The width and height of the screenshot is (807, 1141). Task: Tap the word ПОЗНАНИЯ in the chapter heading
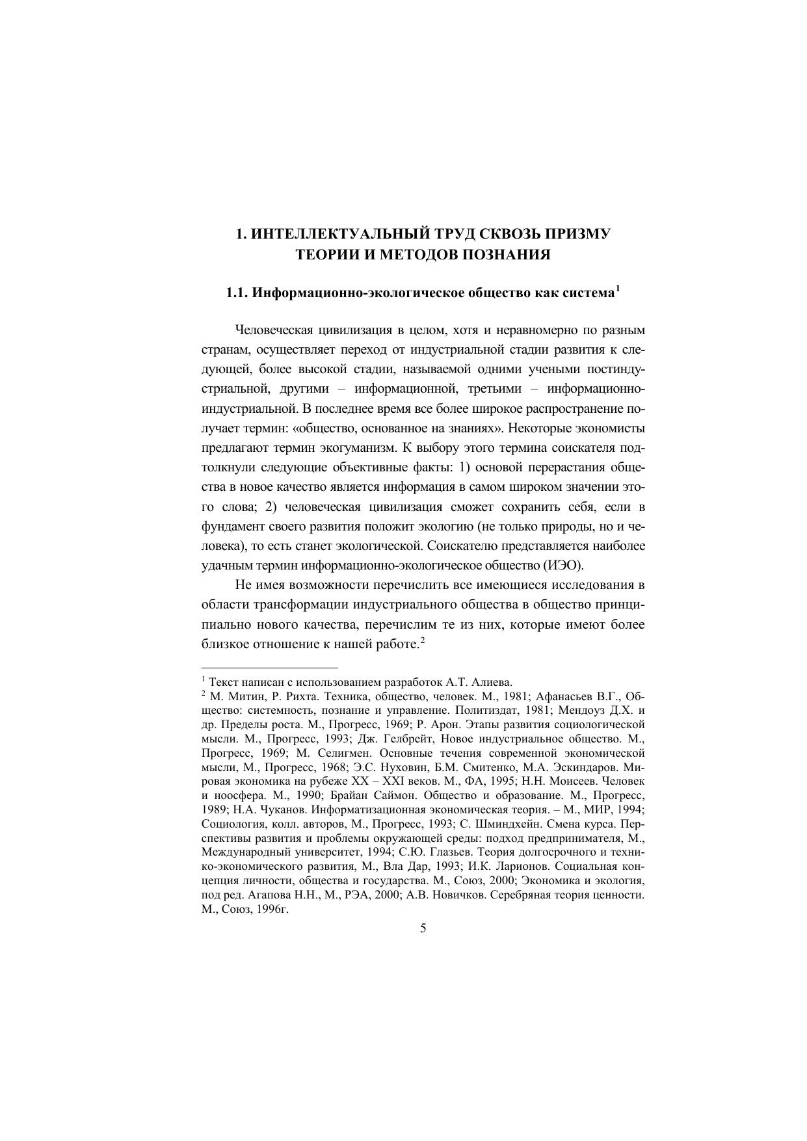(x=506, y=255)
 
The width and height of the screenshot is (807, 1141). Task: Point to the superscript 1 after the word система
(x=617, y=289)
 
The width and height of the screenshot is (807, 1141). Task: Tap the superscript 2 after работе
(x=422, y=640)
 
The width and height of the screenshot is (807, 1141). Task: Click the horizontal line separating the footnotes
(x=270, y=667)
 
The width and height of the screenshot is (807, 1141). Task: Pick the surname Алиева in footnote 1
(x=493, y=682)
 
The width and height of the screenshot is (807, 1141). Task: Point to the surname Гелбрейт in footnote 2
(x=406, y=739)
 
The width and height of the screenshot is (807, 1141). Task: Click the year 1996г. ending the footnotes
(x=272, y=910)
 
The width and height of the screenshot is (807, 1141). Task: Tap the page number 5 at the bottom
(x=423, y=928)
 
